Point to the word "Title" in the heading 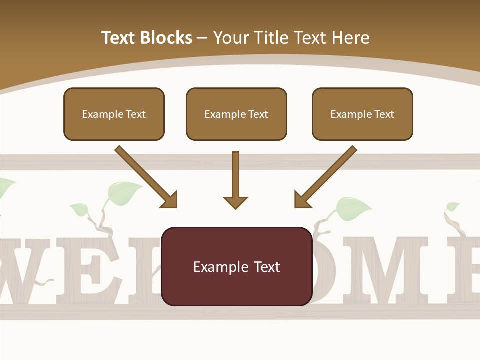273,38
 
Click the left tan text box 114,114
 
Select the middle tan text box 236,114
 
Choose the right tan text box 362,114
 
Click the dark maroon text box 237,266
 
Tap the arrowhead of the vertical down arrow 235,202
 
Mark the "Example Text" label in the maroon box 237,266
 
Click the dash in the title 202,38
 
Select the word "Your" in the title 231,38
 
